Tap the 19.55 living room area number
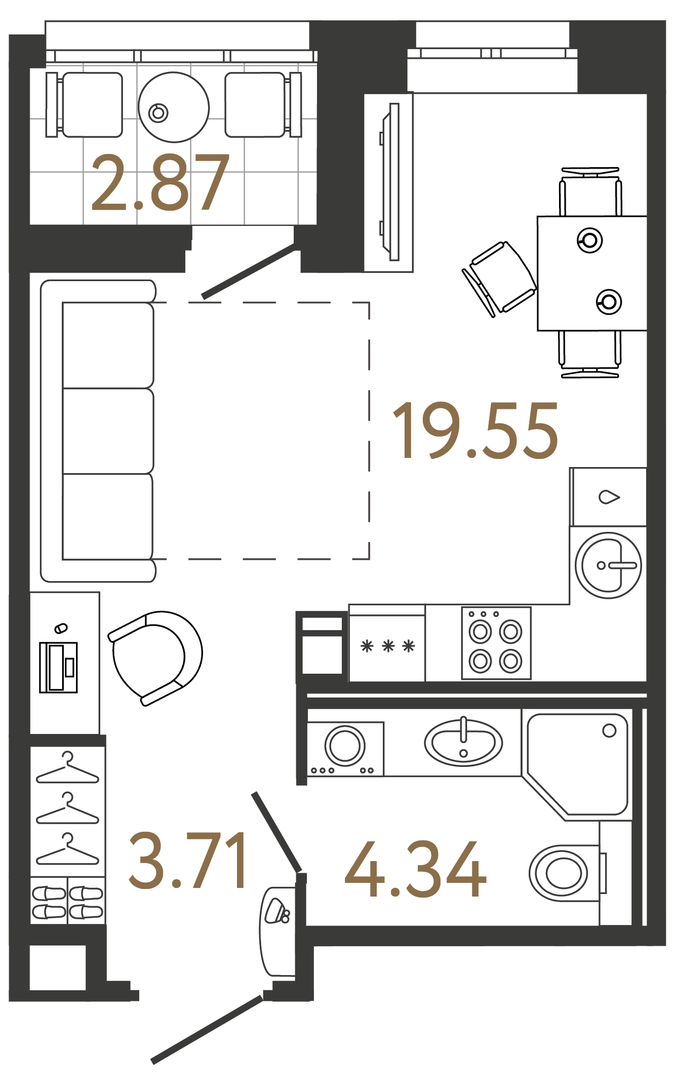(475, 431)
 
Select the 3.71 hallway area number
(187, 860)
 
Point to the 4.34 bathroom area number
(415, 869)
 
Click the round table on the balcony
(174, 107)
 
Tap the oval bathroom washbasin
(463, 743)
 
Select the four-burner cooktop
(496, 643)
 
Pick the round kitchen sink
(609, 565)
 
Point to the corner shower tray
(577, 765)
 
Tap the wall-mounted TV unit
(389, 182)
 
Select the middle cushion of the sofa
(108, 431)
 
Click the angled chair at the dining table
(499, 279)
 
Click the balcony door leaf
(248, 272)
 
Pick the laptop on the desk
(59, 667)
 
